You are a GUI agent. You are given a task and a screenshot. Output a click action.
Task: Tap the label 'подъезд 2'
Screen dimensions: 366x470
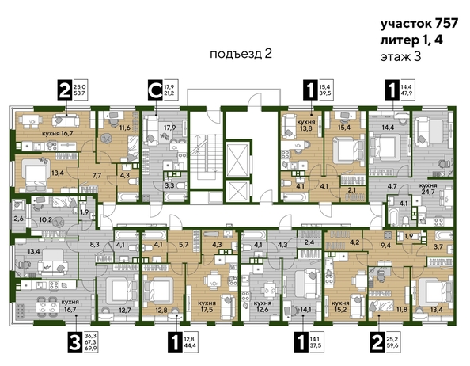coord(241,54)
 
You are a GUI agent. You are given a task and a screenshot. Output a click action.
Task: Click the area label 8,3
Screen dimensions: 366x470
coord(95,247)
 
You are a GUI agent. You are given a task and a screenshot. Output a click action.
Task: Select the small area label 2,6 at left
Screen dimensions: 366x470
coord(18,219)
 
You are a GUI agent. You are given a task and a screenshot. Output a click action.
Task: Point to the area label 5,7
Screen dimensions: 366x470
coord(184,244)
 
